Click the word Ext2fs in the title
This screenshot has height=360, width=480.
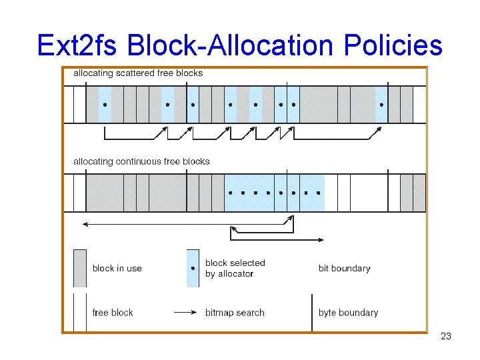pos(77,45)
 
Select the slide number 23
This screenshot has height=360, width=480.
pos(446,336)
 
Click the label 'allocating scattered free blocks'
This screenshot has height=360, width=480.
pos(138,73)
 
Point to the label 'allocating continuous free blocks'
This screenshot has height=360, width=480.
pos(141,161)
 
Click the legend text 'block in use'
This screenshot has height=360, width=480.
pos(117,268)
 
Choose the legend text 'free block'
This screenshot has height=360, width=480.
pos(113,312)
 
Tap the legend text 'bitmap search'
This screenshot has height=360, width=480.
pos(235,312)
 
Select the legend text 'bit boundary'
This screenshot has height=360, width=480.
pos(344,268)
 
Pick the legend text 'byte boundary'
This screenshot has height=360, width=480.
pos(348,312)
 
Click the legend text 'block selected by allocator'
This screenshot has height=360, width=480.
pos(235,268)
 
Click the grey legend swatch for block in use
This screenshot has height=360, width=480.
pos(79,268)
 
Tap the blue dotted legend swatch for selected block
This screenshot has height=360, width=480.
pos(193,268)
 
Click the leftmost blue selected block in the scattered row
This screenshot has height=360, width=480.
pos(105,105)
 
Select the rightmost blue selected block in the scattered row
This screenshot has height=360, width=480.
pos(381,105)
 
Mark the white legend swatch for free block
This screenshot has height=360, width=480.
pos(79,312)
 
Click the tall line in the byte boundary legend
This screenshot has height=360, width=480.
pos(312,312)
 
